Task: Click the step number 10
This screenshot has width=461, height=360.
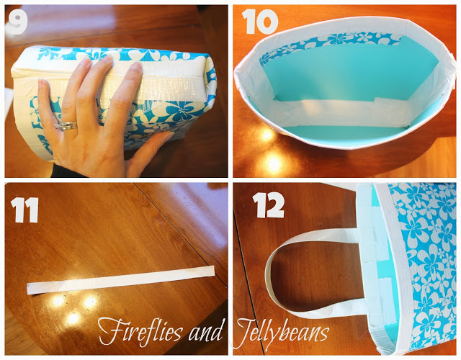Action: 260,21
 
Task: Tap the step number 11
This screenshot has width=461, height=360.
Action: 24,210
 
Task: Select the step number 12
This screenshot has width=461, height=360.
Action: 269,205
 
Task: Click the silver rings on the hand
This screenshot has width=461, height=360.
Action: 66,126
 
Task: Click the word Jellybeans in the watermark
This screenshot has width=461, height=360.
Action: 282,333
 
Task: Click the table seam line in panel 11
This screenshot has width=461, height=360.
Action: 180,233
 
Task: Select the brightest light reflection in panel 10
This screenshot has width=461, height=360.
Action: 274,162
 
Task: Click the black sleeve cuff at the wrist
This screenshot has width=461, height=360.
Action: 66,171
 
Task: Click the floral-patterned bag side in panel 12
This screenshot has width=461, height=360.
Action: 424,264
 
